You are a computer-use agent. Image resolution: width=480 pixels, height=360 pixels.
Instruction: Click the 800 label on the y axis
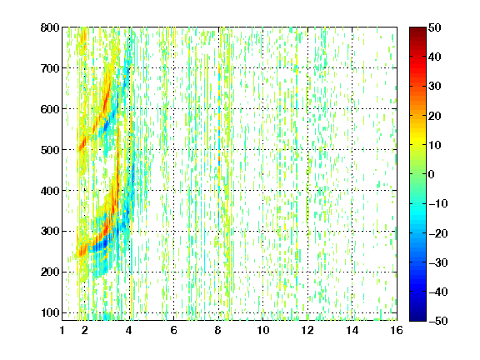pos(50,27)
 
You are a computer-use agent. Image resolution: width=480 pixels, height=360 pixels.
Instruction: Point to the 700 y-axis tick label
pos(50,68)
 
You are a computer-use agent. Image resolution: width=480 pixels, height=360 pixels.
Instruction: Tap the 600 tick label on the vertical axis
pos(50,109)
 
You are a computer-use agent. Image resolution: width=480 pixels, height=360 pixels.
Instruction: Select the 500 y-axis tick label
pos(50,150)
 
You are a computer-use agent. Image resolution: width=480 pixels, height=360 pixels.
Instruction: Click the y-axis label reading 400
pos(50,191)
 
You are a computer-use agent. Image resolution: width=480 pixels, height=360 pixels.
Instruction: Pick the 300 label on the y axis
pos(50,232)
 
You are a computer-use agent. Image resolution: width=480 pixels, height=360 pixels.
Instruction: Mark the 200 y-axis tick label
pos(50,272)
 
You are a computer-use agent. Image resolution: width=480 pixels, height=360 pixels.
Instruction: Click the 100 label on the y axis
pos(50,312)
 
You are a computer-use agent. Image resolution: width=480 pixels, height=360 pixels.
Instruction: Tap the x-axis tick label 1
pos(62,330)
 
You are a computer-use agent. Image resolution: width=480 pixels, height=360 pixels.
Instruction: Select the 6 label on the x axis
pos(173,330)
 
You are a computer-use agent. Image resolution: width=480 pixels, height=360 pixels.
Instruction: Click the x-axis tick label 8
pos(218,330)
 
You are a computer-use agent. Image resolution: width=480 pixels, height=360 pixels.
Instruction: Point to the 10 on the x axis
pos(262,330)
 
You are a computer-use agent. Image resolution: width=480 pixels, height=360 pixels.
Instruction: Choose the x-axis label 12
pos(307,330)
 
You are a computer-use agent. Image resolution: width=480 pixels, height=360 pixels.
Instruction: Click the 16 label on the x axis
pos(397,330)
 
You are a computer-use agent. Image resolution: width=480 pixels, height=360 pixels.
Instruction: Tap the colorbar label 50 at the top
pos(434,27)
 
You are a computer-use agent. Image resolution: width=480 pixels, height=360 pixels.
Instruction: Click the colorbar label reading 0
pos(432,174)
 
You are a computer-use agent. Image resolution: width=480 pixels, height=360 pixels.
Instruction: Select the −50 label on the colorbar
pos(438,321)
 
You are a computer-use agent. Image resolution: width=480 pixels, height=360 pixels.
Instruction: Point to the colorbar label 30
pos(434,87)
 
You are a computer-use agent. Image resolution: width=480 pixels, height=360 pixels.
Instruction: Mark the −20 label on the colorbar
pos(438,233)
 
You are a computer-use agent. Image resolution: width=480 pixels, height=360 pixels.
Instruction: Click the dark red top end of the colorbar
pos(417,30)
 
